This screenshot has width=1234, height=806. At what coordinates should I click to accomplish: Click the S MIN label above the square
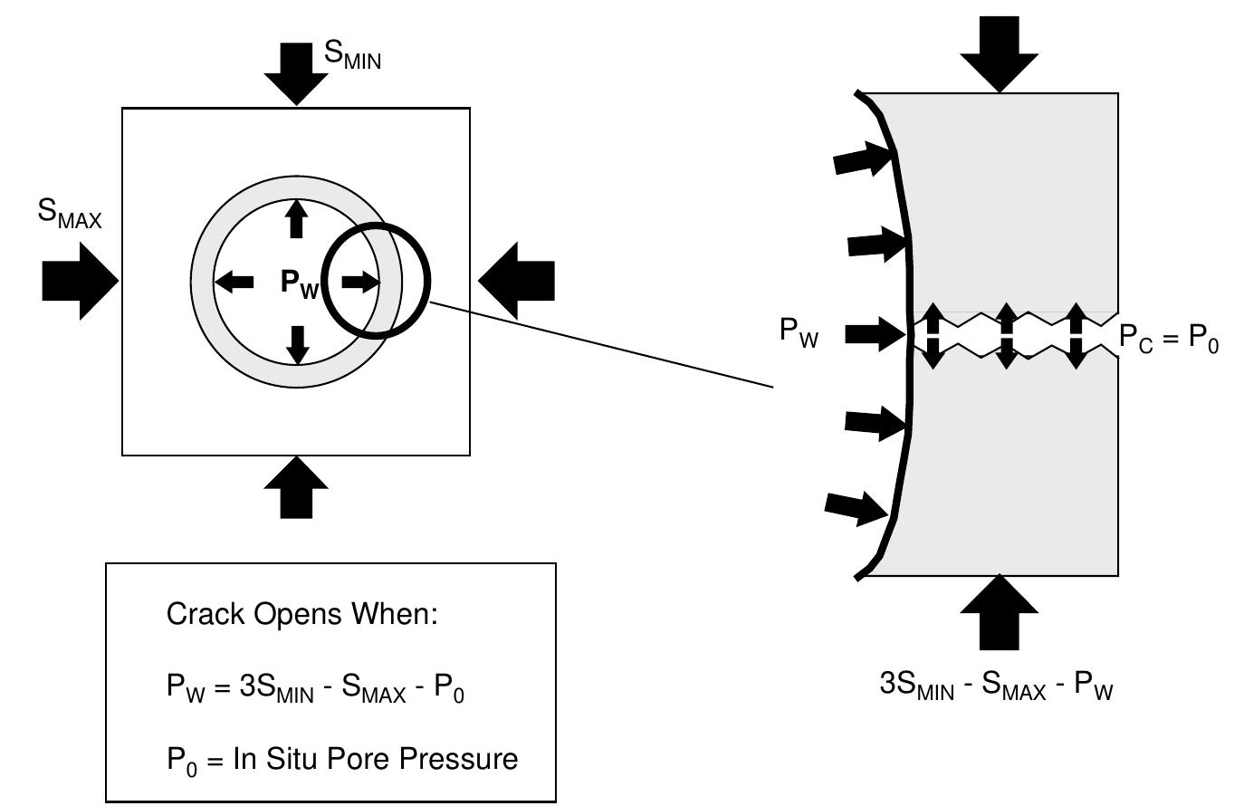(x=352, y=55)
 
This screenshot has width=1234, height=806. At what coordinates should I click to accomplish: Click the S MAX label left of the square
(x=70, y=214)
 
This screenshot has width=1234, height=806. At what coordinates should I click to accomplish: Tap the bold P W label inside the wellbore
(x=300, y=283)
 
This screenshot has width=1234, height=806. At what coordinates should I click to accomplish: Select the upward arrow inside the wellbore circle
(x=297, y=219)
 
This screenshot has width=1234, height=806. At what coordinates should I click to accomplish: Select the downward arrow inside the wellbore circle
(x=298, y=345)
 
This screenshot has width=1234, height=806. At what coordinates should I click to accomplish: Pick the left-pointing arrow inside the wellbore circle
(x=234, y=283)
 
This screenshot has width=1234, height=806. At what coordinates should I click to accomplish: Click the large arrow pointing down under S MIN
(x=296, y=74)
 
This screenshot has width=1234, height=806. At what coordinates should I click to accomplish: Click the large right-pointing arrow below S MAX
(x=81, y=281)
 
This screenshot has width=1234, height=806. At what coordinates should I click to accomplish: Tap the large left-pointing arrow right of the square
(x=516, y=281)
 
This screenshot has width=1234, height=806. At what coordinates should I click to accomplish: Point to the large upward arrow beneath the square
(x=296, y=487)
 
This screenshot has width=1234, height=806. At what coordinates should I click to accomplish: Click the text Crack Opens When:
(x=301, y=614)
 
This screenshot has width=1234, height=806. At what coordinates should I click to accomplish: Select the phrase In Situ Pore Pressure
(x=376, y=759)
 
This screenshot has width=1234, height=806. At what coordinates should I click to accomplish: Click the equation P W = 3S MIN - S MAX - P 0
(x=315, y=688)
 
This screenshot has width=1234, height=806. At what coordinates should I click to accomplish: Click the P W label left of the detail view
(x=799, y=332)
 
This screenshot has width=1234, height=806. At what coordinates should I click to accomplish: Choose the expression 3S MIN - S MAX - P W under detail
(x=996, y=686)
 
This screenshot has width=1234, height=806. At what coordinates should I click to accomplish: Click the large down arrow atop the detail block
(x=1000, y=54)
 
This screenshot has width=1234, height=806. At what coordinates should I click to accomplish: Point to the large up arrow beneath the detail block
(x=1000, y=612)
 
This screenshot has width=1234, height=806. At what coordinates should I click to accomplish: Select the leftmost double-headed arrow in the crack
(x=933, y=335)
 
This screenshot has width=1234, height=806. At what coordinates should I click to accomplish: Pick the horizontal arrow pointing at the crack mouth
(x=875, y=334)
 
